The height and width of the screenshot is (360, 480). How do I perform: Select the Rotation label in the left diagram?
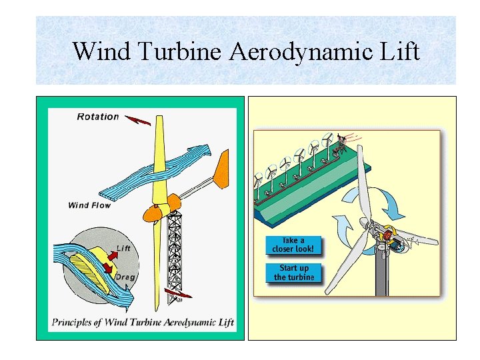98,117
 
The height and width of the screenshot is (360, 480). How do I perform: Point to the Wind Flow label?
89,205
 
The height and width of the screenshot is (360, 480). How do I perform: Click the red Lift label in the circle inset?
123,249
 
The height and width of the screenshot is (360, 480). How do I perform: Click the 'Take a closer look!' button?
293,245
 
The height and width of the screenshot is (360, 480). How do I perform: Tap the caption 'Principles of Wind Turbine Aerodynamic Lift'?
143,323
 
